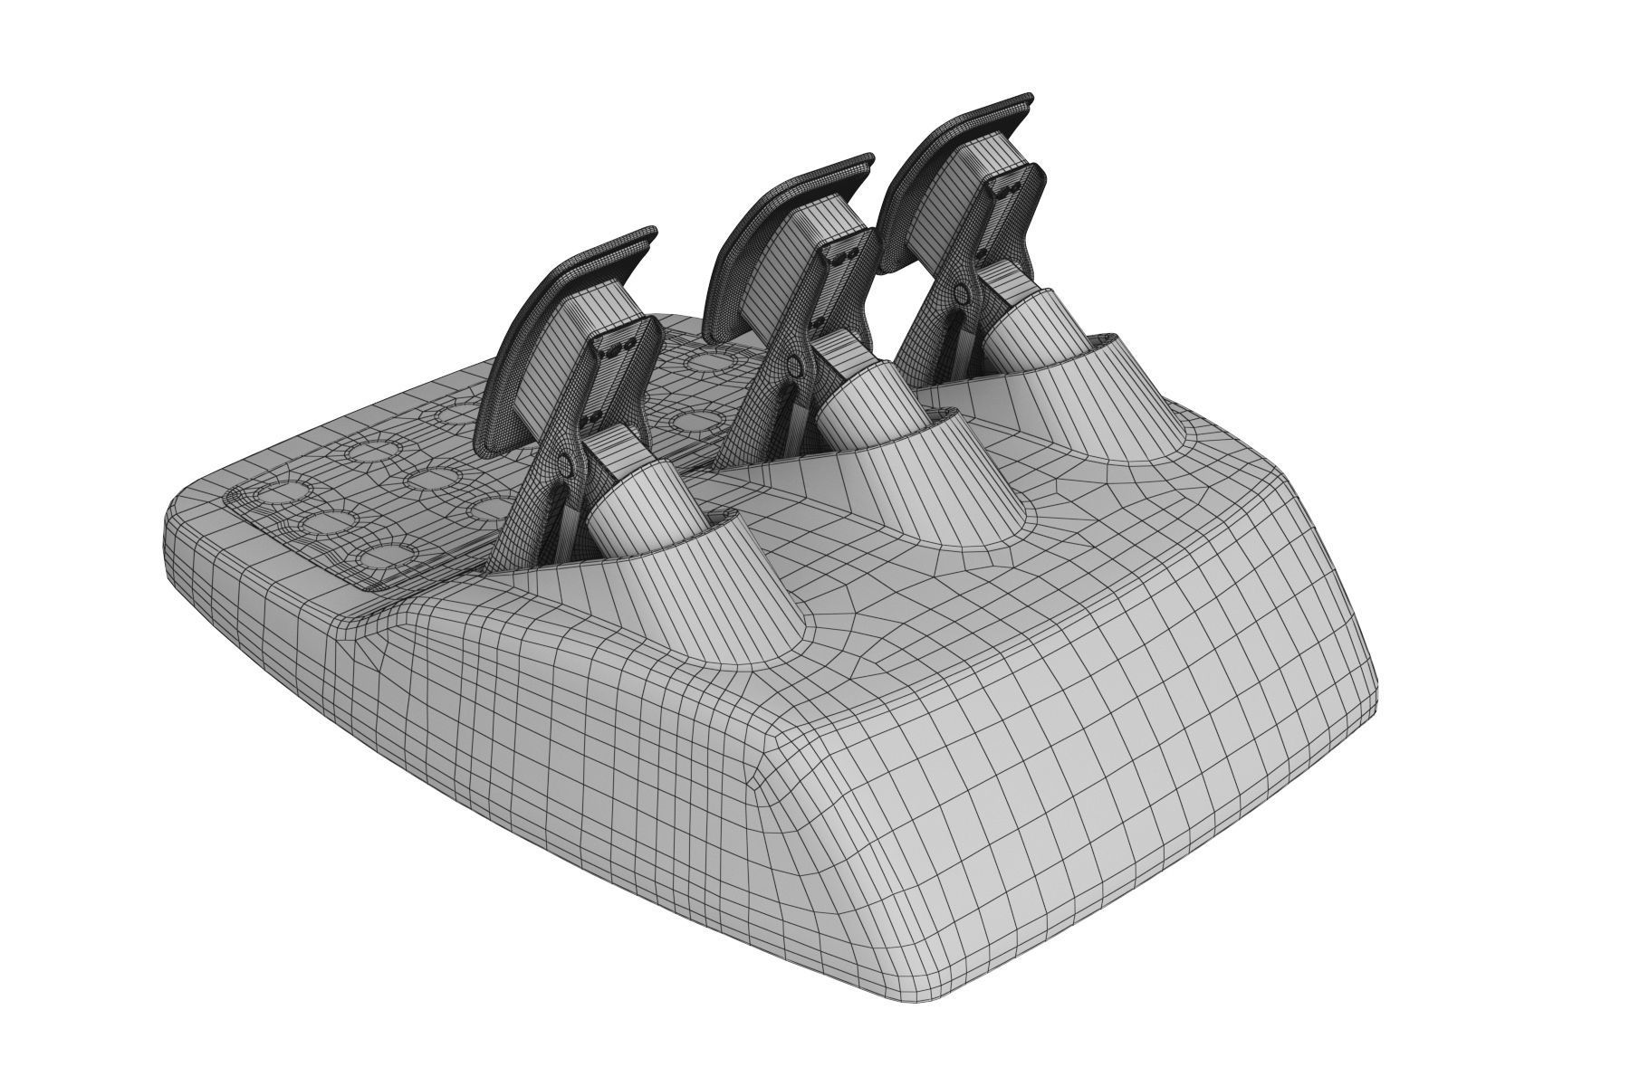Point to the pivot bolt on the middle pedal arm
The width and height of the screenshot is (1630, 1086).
click(794, 365)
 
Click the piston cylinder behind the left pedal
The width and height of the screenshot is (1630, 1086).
click(634, 507)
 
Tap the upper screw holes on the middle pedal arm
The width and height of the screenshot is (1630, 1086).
click(842, 257)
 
